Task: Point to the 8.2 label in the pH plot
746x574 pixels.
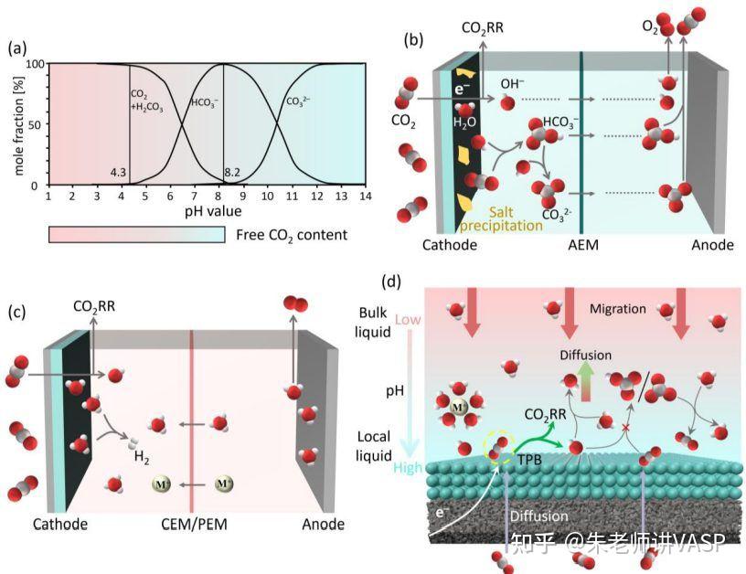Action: tap(237, 172)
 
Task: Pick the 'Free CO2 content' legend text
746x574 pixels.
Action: tap(292, 235)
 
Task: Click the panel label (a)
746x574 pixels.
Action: tap(17, 48)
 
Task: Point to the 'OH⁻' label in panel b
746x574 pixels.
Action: tap(512, 84)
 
